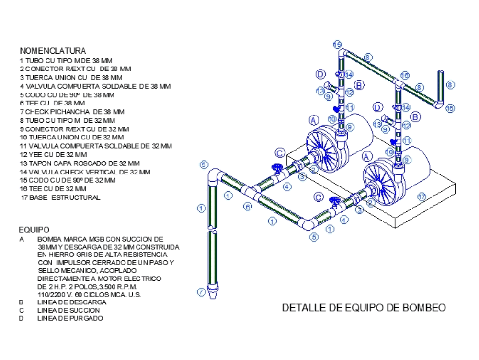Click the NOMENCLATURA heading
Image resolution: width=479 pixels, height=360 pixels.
coord(53,51)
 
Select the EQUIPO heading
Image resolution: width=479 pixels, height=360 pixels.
coord(34,230)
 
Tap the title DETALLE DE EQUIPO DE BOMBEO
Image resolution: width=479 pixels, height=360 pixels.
coord(364,308)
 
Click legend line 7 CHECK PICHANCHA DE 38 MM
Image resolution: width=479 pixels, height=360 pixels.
coord(72,112)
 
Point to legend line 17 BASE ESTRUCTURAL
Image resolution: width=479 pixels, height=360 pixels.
coord(60,197)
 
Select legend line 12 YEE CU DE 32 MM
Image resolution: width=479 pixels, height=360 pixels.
coord(53,154)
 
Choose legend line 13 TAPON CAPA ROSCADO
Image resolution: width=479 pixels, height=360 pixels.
coord(80,163)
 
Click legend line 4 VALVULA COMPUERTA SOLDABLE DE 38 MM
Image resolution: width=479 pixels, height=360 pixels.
coord(95,86)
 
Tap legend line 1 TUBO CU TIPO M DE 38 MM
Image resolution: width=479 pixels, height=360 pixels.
coord(66,60)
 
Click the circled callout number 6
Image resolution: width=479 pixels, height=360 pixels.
coord(248,207)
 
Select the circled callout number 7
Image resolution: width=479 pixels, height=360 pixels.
coord(201,291)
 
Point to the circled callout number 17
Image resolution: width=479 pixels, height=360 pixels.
coord(421,196)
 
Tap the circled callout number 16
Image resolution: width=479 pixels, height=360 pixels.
coord(404,76)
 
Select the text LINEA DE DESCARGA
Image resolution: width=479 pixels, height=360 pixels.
coord(72,302)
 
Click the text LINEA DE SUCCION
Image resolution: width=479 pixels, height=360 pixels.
coord(68,310)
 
